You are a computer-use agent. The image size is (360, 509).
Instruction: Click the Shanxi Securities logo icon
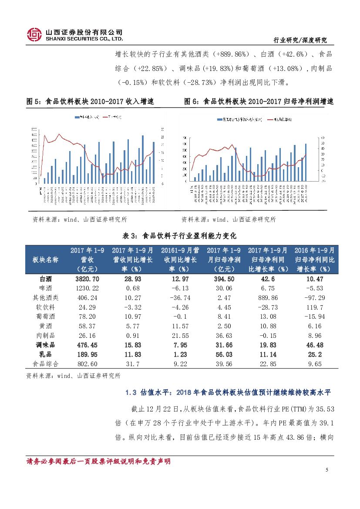pos(34,35)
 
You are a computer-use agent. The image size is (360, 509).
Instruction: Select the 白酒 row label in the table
pos(46,279)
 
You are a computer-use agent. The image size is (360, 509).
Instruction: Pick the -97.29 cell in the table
pos(314,298)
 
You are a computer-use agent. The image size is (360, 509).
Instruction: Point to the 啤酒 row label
pos(46,288)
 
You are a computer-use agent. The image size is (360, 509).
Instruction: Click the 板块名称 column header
pos(46,260)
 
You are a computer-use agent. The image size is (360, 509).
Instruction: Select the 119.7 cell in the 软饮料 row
pos(314,307)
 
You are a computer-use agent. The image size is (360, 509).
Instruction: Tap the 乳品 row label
pos(46,354)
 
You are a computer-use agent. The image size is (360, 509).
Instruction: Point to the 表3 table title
pos(180,236)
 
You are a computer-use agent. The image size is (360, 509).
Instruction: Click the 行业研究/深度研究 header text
pos(299,40)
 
